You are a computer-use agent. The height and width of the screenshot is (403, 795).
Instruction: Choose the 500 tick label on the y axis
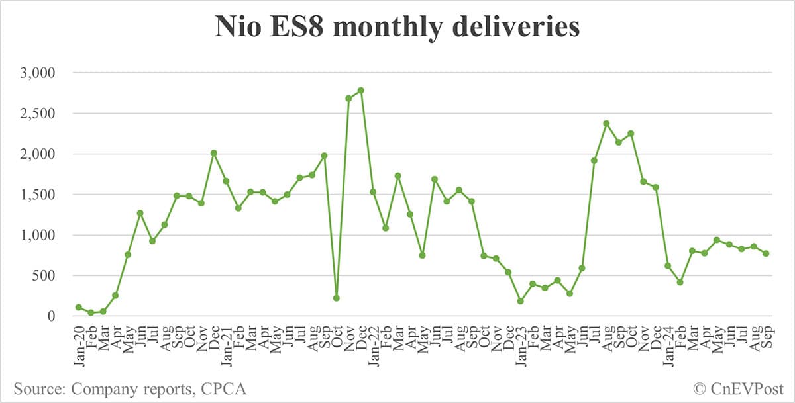tap(46, 275)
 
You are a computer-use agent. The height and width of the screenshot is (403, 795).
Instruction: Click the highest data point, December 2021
tap(360, 90)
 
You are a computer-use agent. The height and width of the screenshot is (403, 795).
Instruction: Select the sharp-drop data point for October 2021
tap(337, 298)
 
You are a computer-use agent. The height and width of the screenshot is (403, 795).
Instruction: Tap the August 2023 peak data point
tap(606, 124)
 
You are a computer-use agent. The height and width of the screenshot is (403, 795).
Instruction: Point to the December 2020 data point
tap(213, 153)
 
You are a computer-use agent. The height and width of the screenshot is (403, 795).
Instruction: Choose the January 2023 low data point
tap(520, 301)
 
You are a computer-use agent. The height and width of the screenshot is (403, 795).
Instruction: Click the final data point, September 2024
tap(766, 253)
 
